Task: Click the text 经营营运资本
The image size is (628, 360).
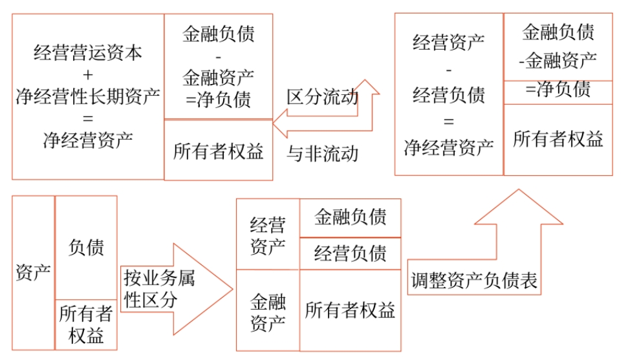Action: [88, 53]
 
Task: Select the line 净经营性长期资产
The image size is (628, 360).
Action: [88, 97]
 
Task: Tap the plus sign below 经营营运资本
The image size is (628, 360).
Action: [88, 75]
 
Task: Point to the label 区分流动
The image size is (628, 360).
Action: [321, 98]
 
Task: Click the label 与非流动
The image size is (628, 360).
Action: [322, 153]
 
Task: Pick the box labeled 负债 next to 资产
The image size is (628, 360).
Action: [86, 248]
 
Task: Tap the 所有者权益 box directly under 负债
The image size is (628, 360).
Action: [86, 325]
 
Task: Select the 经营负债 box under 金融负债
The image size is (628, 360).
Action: [350, 253]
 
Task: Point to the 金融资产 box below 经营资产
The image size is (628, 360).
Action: [268, 311]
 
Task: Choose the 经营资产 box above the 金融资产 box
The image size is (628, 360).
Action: [268, 235]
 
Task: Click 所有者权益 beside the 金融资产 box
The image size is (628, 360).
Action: [350, 310]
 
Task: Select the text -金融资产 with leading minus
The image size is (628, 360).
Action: [558, 61]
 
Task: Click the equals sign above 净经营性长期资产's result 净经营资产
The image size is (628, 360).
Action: [88, 119]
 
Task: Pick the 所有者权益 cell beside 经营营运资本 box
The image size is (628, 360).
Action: [219, 151]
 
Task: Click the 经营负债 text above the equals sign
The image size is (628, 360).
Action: [448, 96]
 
